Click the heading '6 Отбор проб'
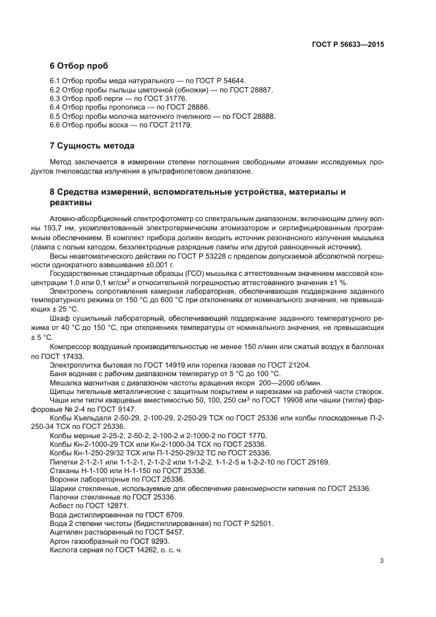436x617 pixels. coord(79,66)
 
